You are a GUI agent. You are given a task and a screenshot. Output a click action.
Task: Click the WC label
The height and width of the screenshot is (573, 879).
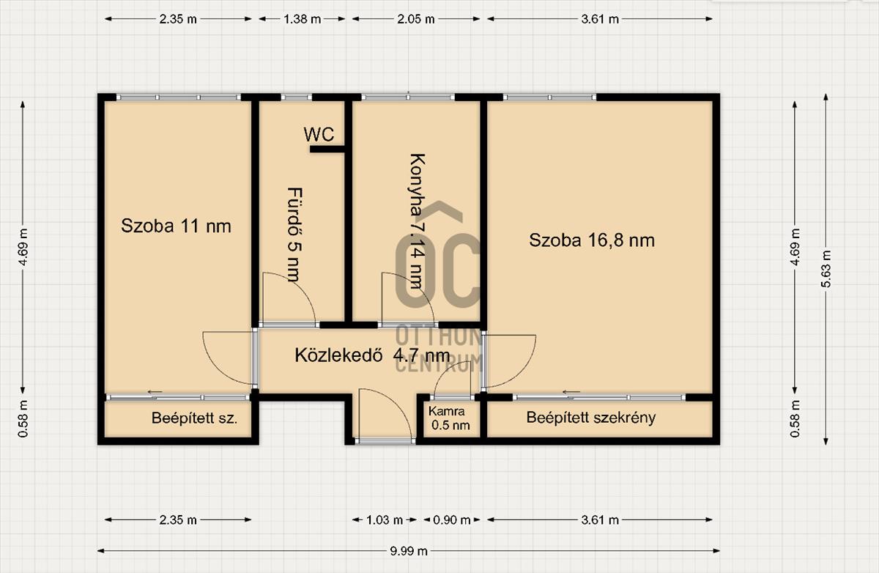[319, 135]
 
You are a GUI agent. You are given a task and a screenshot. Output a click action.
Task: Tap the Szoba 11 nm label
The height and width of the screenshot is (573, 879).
[176, 226]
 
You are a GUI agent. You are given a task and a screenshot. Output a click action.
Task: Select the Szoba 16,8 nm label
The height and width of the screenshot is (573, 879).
[592, 240]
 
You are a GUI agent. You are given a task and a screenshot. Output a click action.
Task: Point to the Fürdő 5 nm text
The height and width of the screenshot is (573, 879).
[295, 234]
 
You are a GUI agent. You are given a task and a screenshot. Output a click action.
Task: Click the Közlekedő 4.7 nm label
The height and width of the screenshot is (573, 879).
[372, 355]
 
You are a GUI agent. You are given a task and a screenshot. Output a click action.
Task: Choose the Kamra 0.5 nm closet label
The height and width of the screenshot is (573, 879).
[449, 418]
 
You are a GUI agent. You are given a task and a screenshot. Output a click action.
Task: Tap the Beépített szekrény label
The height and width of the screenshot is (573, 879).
[591, 418]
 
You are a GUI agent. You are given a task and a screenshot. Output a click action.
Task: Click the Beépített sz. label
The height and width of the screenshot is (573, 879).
[195, 418]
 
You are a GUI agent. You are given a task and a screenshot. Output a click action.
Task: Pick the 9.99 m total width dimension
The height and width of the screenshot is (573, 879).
[409, 551]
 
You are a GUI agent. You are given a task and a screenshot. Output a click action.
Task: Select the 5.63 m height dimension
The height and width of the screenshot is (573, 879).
[826, 269]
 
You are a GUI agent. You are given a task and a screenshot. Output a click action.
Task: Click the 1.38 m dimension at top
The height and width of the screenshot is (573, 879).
[302, 19]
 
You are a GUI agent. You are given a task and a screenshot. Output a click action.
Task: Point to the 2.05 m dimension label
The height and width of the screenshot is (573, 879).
[416, 19]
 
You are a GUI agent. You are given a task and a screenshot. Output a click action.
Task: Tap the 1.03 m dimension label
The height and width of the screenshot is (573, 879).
[385, 520]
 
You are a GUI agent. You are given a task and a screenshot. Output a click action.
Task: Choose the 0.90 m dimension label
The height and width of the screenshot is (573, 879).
[452, 520]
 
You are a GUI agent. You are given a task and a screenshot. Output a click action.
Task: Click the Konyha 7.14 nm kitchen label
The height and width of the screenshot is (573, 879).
[416, 221]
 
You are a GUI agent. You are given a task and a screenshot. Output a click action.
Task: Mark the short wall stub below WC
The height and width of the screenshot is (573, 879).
[327, 149]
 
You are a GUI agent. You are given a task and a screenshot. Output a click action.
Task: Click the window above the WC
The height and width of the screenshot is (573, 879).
[296, 97]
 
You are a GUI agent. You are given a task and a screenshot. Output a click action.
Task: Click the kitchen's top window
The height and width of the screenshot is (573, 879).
[408, 97]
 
